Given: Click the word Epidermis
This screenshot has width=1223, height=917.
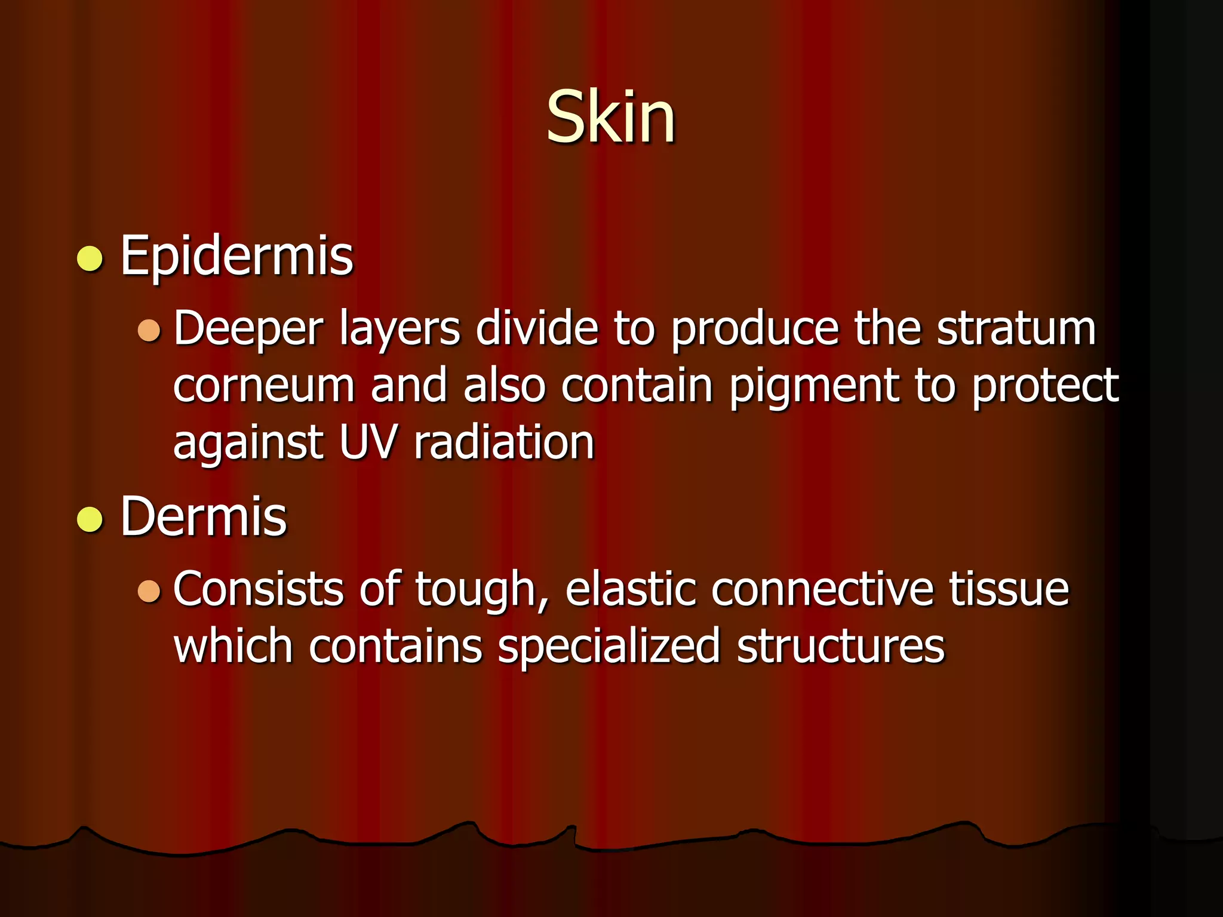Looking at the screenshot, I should pyautogui.click(x=236, y=257).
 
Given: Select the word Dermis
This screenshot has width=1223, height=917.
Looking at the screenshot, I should pyautogui.click(x=203, y=517).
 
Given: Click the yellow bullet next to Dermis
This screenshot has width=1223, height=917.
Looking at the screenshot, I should pyautogui.click(x=90, y=519).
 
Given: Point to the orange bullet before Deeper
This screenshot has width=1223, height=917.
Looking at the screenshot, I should pyautogui.click(x=149, y=330).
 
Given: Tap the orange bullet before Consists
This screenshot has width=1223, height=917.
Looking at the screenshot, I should pyautogui.click(x=149, y=590).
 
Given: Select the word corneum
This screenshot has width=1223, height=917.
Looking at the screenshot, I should pyautogui.click(x=264, y=386).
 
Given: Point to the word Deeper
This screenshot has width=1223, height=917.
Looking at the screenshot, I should pyautogui.click(x=248, y=330).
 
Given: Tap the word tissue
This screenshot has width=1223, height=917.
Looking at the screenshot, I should pyautogui.click(x=1009, y=589).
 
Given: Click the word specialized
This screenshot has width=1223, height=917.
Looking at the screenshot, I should pyautogui.click(x=609, y=647).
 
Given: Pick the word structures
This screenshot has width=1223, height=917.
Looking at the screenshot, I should pyautogui.click(x=840, y=647).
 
